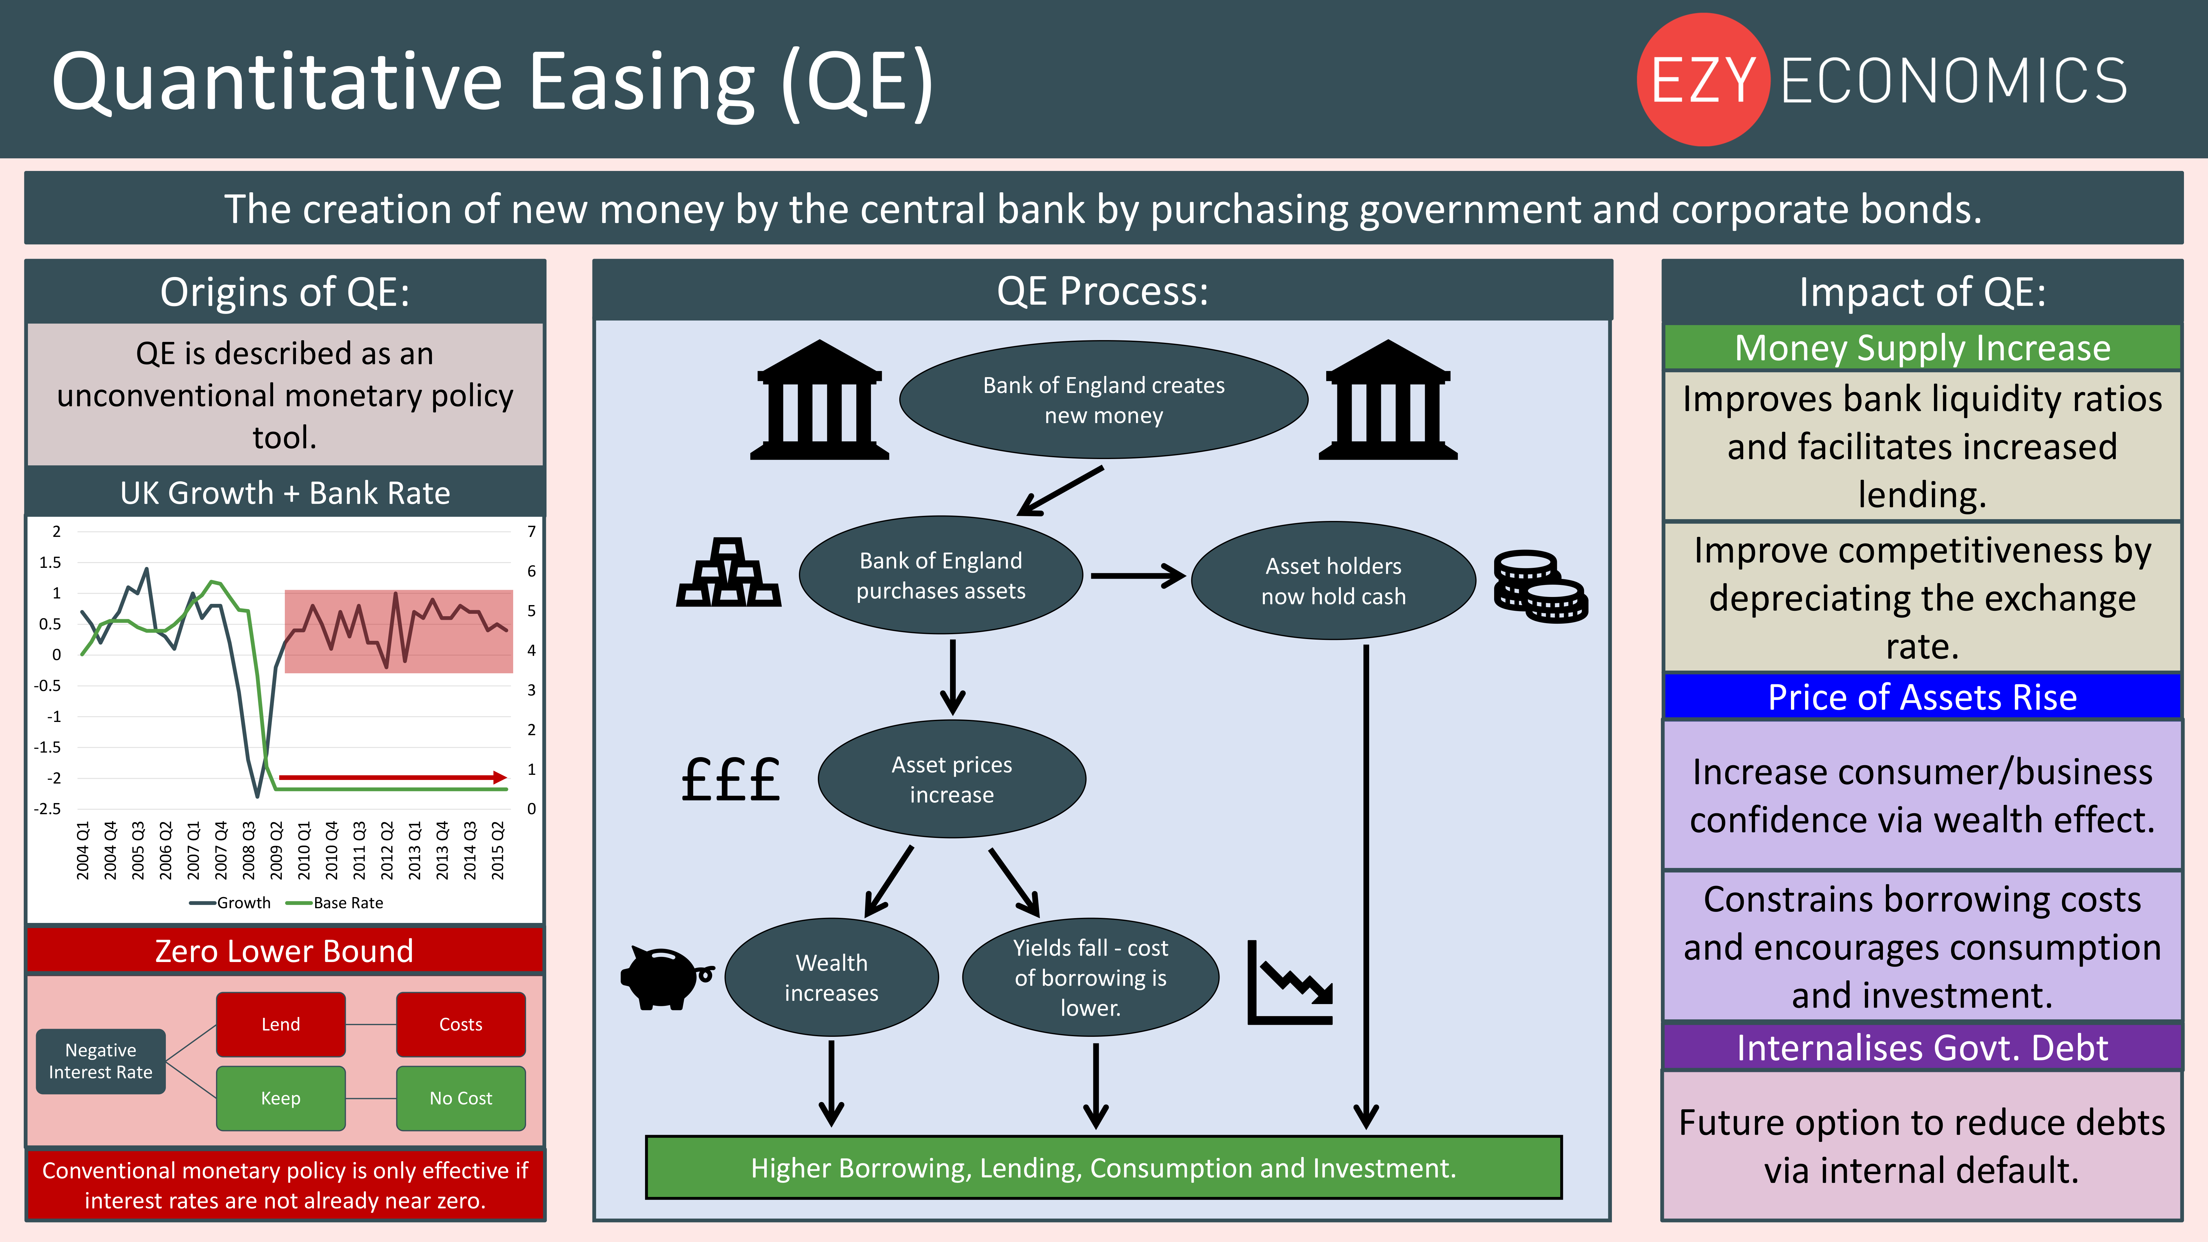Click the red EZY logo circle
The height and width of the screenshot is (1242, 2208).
[x=1703, y=80]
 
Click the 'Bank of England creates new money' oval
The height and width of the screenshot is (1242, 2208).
[x=1103, y=399]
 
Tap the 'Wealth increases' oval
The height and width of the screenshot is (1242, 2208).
[x=831, y=977]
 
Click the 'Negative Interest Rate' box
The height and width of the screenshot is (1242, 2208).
[x=100, y=1061]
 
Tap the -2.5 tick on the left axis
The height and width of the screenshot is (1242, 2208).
[x=47, y=808]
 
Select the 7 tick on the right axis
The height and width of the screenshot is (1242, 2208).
[x=531, y=531]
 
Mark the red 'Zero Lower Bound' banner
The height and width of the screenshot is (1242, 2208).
[x=285, y=951]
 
